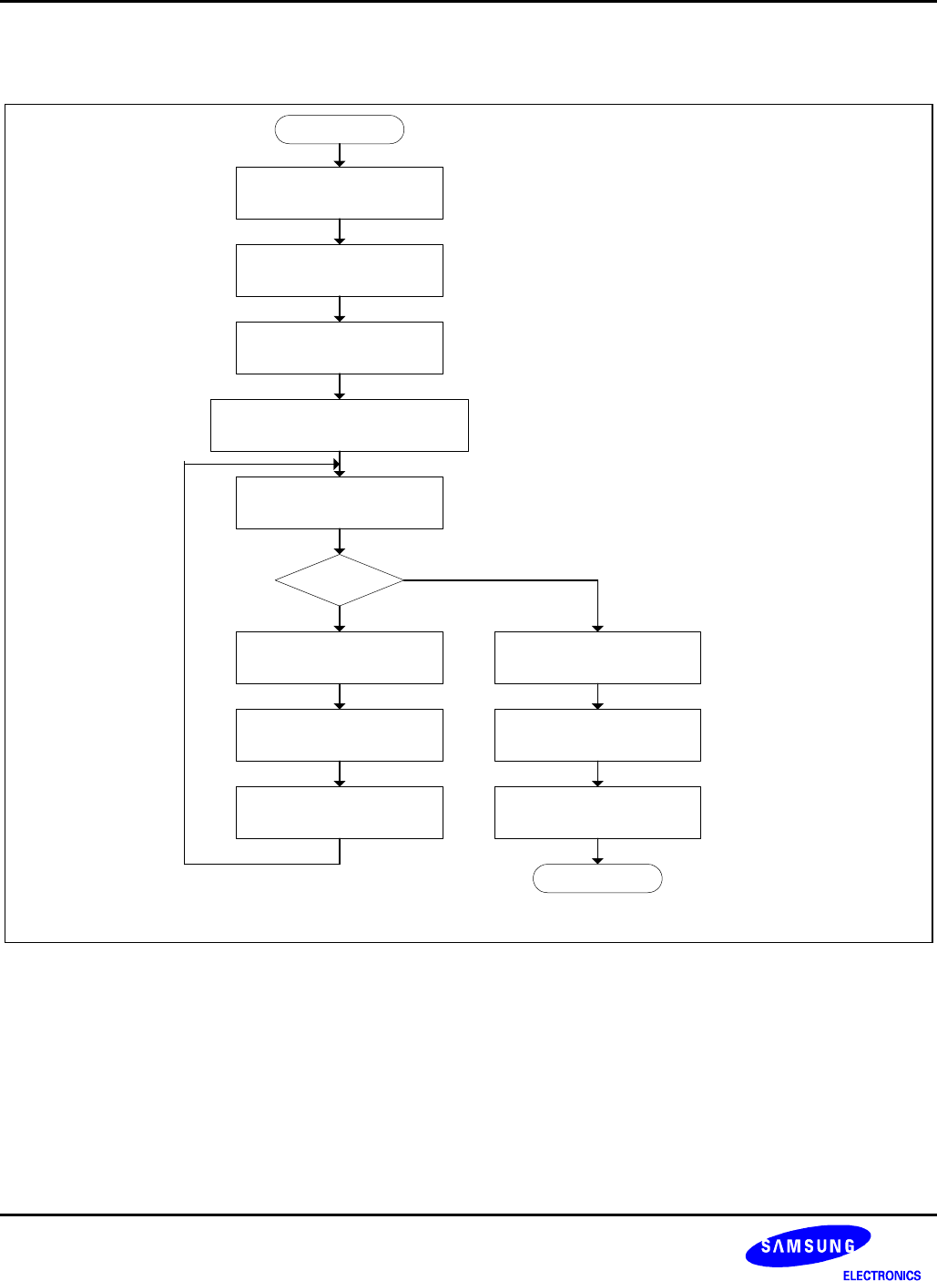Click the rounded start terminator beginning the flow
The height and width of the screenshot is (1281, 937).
[x=340, y=129]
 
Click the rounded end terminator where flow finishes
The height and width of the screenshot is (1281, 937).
[x=597, y=878]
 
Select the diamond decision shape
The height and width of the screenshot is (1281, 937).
[x=340, y=579]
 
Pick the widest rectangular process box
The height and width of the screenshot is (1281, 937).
[x=340, y=425]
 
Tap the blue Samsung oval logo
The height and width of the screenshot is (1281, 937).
[x=808, y=1245]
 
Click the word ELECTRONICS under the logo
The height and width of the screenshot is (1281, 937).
[x=881, y=1276]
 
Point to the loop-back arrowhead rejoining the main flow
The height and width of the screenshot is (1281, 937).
[x=335, y=464]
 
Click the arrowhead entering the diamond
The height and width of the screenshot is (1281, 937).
[x=340, y=550]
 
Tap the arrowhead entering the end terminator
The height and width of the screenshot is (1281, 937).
[x=597, y=860]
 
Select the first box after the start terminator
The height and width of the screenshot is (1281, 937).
[x=340, y=192]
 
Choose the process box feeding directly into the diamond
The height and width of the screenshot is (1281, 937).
[x=340, y=502]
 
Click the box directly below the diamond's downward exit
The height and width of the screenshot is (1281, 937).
[x=340, y=657]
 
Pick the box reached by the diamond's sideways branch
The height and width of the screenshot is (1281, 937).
[x=597, y=657]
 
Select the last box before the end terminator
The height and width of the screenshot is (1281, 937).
[x=597, y=812]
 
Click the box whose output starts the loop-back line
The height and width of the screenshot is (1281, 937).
[x=340, y=812]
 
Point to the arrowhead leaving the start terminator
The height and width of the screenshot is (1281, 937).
[x=340, y=162]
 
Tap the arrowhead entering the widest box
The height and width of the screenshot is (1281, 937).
[x=340, y=395]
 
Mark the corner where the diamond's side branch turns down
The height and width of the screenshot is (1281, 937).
[x=597, y=580]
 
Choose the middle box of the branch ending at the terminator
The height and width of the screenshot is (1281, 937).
[x=597, y=734]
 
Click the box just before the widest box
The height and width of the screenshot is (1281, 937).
[x=340, y=347]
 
